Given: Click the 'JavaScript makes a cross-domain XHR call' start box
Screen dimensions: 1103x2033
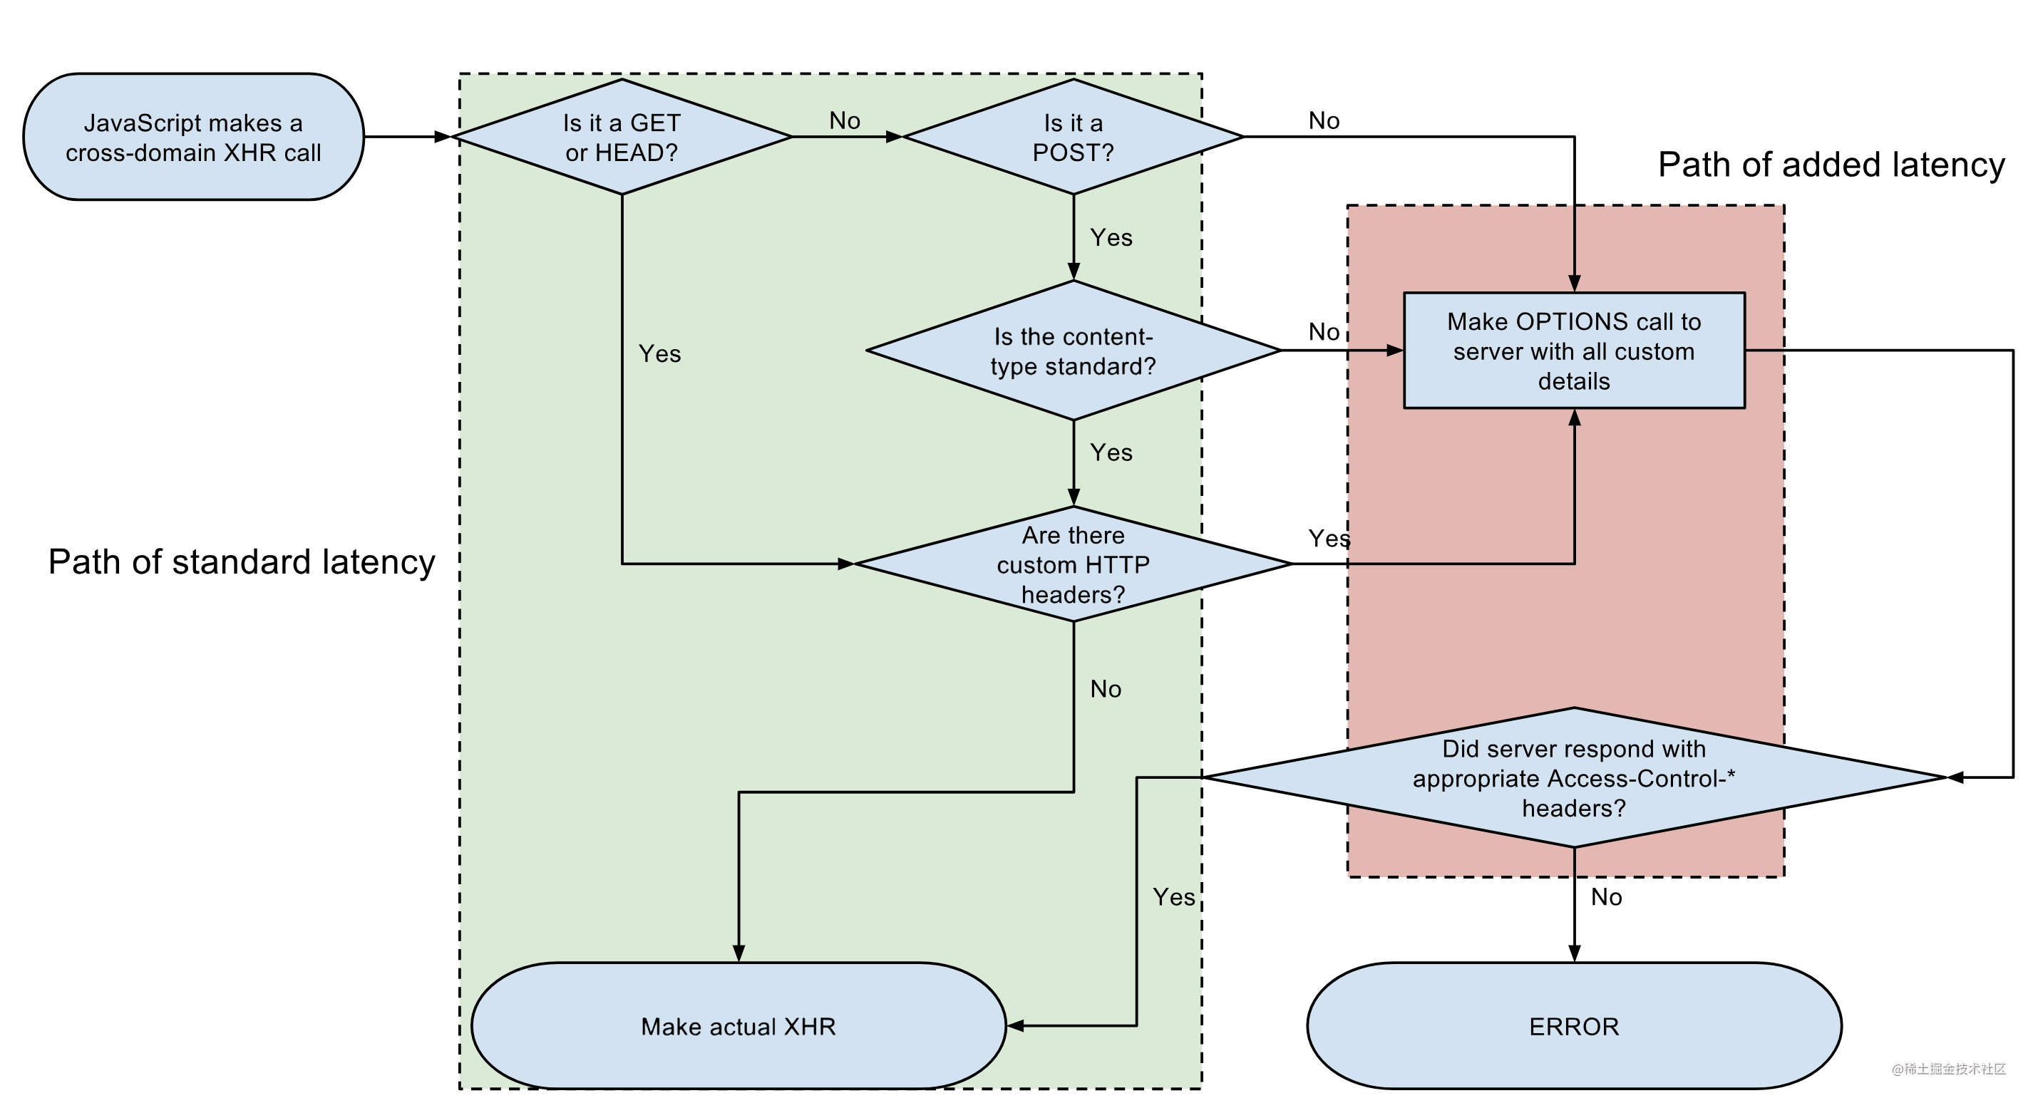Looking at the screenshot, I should point(193,138).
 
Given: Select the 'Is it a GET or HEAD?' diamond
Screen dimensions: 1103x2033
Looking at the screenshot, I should point(622,138).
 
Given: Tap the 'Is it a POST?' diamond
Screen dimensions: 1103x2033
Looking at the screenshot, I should point(1074,138).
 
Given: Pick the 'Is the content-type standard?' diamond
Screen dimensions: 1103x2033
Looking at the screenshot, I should point(1074,351).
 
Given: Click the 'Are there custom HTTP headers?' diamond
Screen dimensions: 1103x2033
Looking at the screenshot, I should point(1074,564).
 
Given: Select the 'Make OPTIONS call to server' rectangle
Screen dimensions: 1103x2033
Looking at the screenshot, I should point(1574,351).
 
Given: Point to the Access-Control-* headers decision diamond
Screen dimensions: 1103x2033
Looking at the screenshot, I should point(1574,778).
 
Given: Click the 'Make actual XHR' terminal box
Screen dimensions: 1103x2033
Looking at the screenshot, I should point(738,1027).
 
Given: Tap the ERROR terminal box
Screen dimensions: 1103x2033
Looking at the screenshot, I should point(1574,1027).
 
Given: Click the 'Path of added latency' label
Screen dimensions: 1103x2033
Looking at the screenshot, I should point(1831,165).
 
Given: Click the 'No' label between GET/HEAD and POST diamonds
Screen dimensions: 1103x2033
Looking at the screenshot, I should point(845,120).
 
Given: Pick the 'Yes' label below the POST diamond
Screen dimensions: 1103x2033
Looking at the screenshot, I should point(1111,237).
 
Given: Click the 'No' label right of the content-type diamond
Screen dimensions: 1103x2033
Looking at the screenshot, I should point(1324,331).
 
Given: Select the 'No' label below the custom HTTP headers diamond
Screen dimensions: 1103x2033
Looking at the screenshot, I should point(1106,689).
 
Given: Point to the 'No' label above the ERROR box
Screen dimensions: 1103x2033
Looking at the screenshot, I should point(1606,897).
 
